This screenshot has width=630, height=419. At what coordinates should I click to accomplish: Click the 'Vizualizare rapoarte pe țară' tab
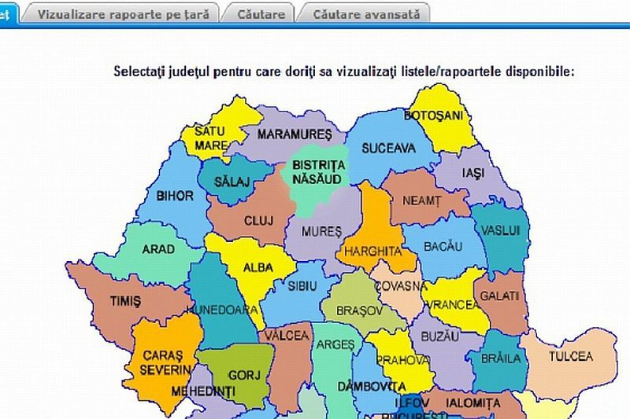[x=123, y=14]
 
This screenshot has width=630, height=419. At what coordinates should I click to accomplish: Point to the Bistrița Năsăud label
[x=319, y=171]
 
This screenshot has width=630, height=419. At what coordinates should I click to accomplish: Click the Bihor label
[x=169, y=196]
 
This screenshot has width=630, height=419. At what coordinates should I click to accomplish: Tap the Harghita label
[x=369, y=252]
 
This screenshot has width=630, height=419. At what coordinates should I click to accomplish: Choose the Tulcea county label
[x=571, y=356]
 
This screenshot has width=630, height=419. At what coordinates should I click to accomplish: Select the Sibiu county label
[x=303, y=285]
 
